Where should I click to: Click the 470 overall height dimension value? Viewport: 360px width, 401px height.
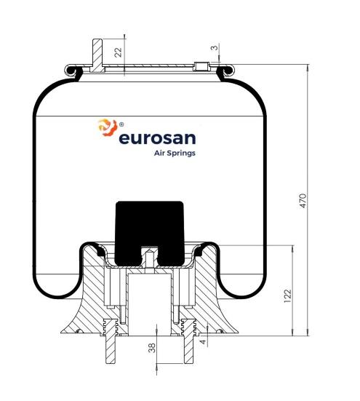pos(303,201)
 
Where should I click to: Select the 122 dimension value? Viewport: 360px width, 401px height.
pos(288,296)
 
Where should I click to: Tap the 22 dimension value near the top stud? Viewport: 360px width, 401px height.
pos(119,52)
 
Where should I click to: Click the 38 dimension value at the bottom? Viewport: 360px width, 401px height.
pos(152,348)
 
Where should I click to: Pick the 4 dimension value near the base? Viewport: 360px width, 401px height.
pos(203,341)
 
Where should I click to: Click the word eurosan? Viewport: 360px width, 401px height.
pos(157,138)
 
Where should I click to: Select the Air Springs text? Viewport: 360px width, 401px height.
pos(175,153)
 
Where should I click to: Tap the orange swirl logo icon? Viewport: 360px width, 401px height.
pos(108,127)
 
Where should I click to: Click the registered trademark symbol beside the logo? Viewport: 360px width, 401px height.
pos(121,124)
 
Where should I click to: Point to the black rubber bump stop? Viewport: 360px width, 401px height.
pos(150,233)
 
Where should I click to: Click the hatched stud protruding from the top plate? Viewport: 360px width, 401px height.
pos(97,55)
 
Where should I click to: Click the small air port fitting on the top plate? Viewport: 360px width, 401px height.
pos(201,66)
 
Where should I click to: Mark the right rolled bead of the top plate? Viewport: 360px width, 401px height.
pos(225,71)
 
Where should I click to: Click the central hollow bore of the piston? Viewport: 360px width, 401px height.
pos(149,304)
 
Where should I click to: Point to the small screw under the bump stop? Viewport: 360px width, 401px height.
pos(150,258)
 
